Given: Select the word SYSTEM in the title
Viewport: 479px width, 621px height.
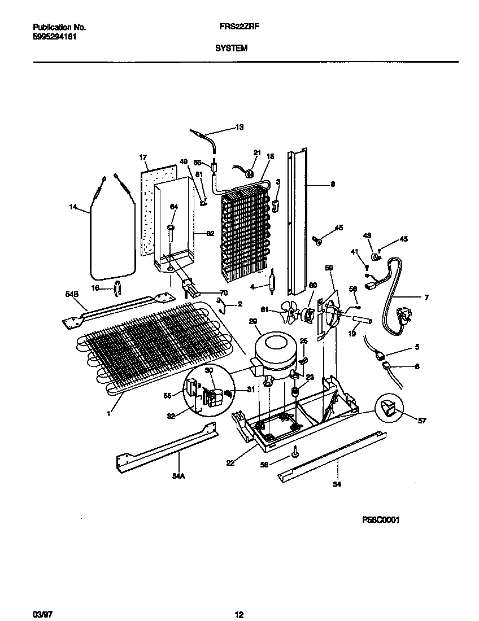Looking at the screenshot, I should click(231, 49).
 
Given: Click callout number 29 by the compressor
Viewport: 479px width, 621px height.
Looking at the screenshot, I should click(253, 321).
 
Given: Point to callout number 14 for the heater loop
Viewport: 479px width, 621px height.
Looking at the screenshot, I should click(72, 208).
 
